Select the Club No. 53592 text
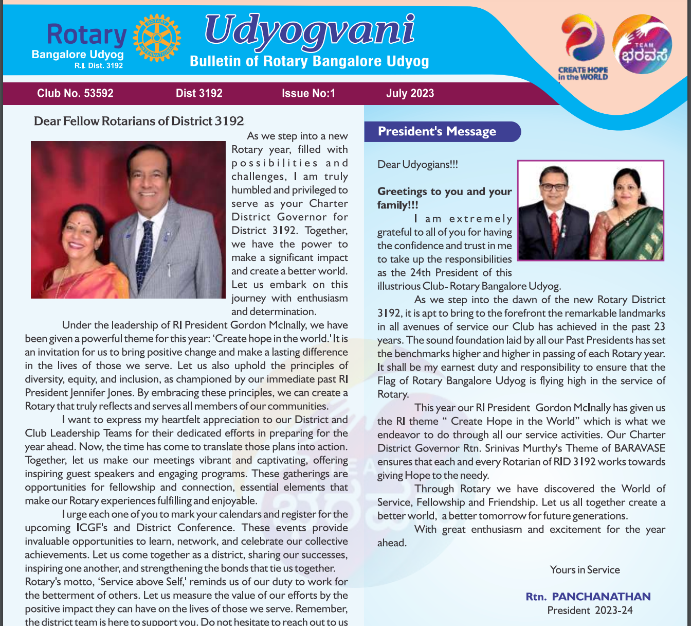[75, 93]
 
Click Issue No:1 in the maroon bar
[308, 93]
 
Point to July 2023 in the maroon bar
[410, 93]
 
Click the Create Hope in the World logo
[583, 47]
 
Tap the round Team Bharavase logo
[642, 44]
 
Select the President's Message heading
[437, 131]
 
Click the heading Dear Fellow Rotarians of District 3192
[139, 121]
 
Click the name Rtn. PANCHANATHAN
[588, 597]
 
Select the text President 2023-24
[590, 611]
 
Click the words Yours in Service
[585, 569]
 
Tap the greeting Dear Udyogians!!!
[417, 164]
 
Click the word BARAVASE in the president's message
[638, 448]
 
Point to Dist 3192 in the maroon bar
[199, 93]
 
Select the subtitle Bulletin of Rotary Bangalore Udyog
[309, 61]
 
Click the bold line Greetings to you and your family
[444, 198]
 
